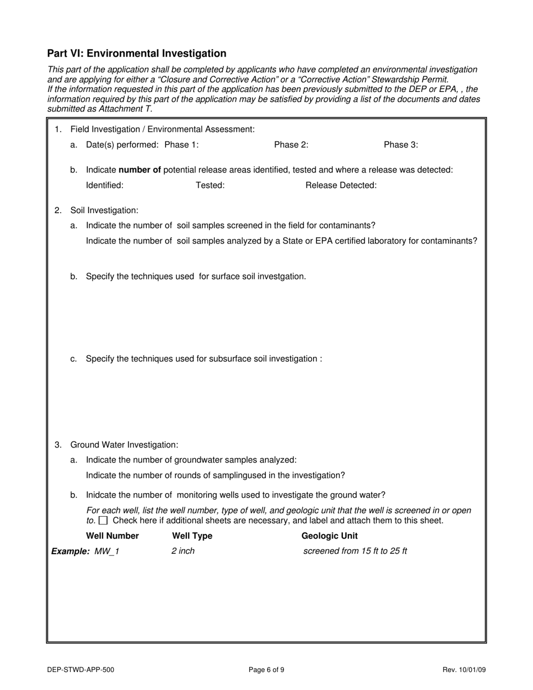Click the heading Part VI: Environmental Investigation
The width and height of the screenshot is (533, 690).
[137, 53]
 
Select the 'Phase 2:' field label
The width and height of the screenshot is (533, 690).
[291, 145]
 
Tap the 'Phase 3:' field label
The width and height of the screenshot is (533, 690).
[401, 145]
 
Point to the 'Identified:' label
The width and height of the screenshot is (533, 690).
[104, 185]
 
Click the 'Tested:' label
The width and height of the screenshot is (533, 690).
[210, 185]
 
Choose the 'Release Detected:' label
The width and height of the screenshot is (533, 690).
[341, 185]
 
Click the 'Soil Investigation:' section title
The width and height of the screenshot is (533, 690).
[104, 210]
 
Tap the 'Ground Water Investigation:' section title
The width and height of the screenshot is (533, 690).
[124, 445]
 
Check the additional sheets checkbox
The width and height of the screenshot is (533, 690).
[103, 521]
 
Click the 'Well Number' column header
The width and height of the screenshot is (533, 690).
[116, 536]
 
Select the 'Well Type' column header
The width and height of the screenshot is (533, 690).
[192, 536]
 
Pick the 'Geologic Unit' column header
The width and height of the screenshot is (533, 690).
[329, 536]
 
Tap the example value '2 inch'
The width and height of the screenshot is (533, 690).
[183, 551]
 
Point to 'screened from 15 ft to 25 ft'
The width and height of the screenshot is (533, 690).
[355, 551]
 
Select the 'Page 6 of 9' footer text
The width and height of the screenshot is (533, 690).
[266, 669]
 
